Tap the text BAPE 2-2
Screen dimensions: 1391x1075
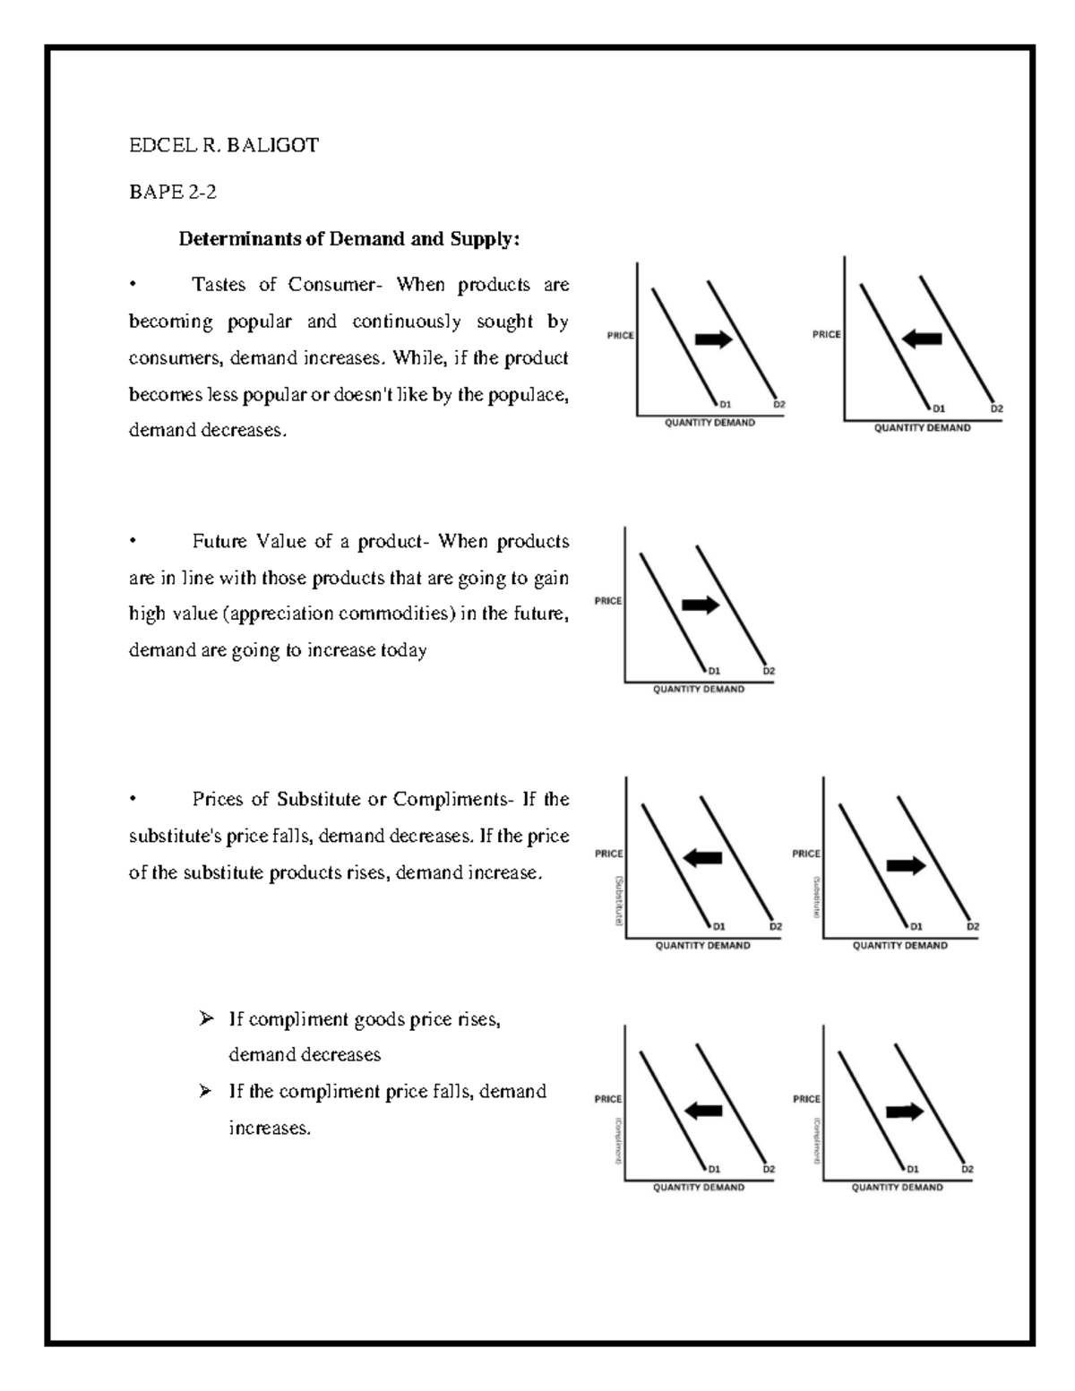tap(173, 192)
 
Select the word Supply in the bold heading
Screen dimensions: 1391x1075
tap(488, 239)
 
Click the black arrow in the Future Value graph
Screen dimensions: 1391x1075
tap(701, 605)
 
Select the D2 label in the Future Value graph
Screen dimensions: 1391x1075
tap(769, 671)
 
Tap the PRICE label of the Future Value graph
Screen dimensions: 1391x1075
tap(607, 601)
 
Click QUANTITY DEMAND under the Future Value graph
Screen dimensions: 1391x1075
tap(698, 690)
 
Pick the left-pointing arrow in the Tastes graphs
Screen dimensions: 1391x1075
tap(922, 339)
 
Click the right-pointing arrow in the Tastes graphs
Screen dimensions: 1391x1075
tap(714, 339)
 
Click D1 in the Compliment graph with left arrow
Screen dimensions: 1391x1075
tap(714, 1169)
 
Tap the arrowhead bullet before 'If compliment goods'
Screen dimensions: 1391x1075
tap(207, 1018)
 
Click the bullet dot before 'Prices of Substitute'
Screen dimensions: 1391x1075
tap(132, 799)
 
